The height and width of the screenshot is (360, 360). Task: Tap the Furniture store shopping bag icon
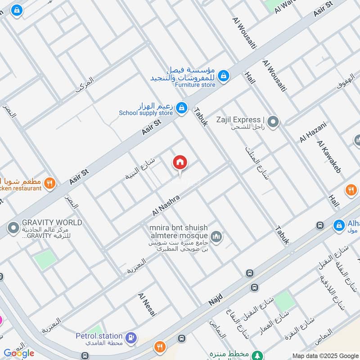tap(224, 77)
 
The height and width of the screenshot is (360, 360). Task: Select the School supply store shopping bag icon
tap(181, 108)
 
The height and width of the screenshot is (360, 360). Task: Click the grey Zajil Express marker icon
tap(272, 121)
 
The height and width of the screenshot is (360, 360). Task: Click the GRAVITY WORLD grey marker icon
tap(14, 227)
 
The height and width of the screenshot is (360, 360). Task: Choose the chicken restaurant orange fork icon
tap(49, 183)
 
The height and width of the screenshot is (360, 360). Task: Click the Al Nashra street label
tap(166, 205)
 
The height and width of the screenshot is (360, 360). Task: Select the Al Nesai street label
tap(147, 306)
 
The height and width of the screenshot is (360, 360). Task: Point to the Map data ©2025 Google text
tap(325, 355)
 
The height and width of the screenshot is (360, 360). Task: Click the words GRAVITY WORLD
tap(52, 223)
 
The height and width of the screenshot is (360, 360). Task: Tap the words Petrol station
tap(99, 336)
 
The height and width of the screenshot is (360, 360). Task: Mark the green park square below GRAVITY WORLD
tap(46, 260)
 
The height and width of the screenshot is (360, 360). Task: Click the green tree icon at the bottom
tap(257, 355)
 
